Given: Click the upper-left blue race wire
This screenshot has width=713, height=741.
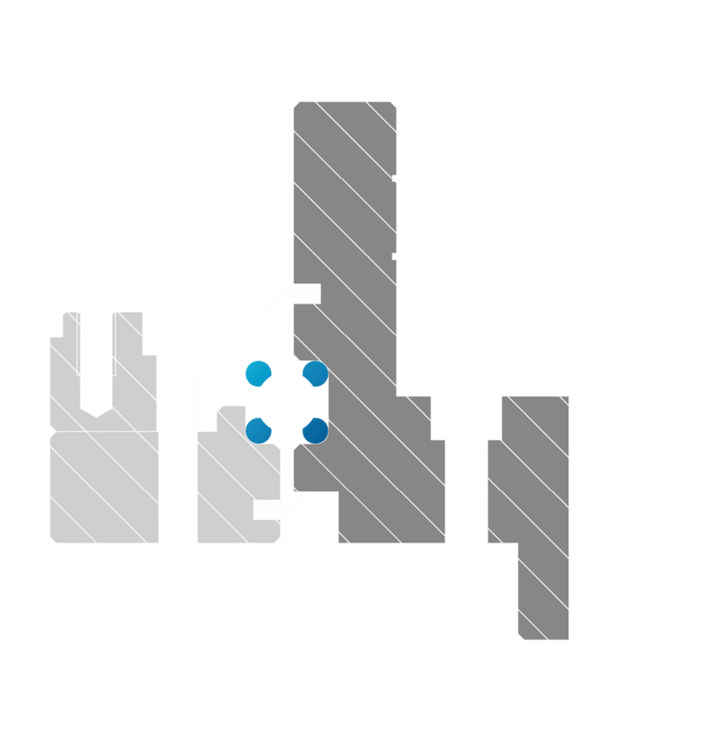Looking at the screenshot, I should [x=258, y=374].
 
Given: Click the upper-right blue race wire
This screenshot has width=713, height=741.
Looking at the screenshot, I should [x=316, y=373].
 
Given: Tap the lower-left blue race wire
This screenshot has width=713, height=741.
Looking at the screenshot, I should [x=259, y=431].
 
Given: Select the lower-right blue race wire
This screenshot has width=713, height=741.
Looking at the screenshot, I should [x=317, y=430].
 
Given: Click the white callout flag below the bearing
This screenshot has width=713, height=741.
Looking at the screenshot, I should [x=270, y=510].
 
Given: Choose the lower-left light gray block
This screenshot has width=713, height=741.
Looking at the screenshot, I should [x=102, y=487].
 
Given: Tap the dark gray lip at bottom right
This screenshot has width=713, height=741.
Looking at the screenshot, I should [x=543, y=594].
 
